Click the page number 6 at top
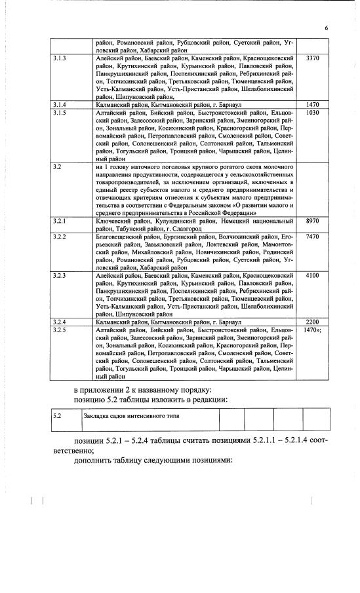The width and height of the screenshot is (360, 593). coord(326,28)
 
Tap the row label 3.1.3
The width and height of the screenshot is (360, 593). coord(59,58)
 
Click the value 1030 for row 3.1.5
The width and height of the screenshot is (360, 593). coord(312,113)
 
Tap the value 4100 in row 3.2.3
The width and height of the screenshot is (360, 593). coord(312,275)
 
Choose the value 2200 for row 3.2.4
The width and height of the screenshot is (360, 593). coord(312,322)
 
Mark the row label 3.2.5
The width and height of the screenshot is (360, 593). coord(59,330)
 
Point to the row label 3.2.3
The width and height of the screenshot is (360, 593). coord(59,275)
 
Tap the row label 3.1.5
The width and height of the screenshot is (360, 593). coord(59,113)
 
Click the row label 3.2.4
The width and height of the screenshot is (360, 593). coord(59,322)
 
